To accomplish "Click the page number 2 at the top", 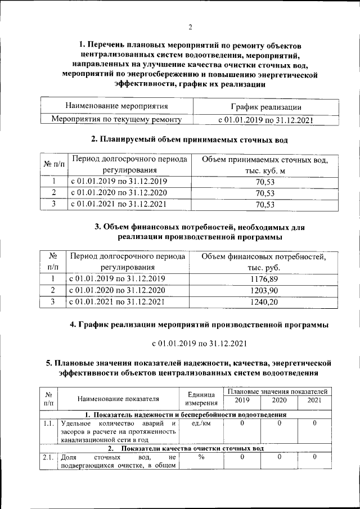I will pyautogui.click(x=190, y=27).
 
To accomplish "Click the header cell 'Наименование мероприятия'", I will pyautogui.click(x=116, y=106).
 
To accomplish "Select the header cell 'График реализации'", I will pyautogui.click(x=265, y=107).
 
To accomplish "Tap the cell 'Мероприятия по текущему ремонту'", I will pyautogui.click(x=116, y=119).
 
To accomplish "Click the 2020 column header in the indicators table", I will pyautogui.click(x=279, y=400).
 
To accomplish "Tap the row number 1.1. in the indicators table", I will pyautogui.click(x=48, y=424).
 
